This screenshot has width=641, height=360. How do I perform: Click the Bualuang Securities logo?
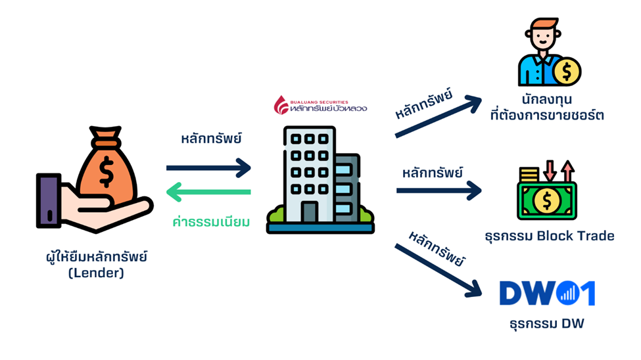pyautogui.click(x=321, y=105)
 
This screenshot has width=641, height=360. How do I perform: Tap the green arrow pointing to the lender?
pyautogui.click(x=209, y=192)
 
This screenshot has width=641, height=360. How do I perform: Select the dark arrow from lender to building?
pyautogui.click(x=209, y=168)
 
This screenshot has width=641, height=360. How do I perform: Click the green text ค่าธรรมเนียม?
pyautogui.click(x=210, y=222)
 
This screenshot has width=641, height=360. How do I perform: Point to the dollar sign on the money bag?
pyautogui.click(x=105, y=172)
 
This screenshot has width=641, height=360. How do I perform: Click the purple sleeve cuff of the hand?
pyautogui.click(x=47, y=200)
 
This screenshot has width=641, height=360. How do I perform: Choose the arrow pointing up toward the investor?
pyautogui.click(x=439, y=116)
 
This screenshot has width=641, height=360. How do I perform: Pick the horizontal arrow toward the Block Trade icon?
pyautogui.click(x=439, y=191)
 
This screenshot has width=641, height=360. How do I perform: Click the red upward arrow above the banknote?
pyautogui.click(x=567, y=171)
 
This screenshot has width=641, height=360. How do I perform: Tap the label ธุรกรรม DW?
pyautogui.click(x=546, y=323)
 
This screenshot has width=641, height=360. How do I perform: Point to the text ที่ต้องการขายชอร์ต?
pyautogui.click(x=546, y=116)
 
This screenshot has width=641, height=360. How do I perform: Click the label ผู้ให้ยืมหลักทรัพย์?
pyautogui.click(x=93, y=256)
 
